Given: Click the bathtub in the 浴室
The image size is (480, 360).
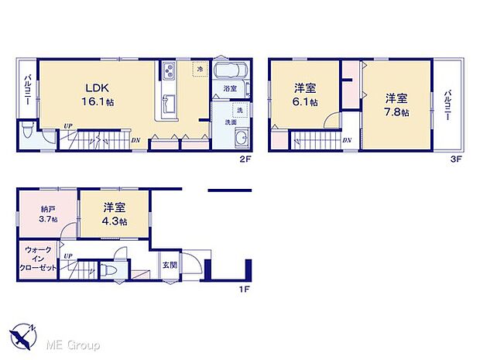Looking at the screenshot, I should coord(230,73).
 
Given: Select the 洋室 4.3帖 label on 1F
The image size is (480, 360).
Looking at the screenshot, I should coord(115,214).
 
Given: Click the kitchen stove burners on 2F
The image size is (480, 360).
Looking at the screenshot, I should coord(169,72).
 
